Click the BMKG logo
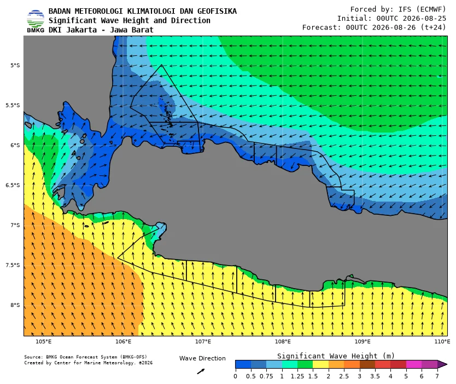point(36,21)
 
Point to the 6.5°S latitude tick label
point(13,185)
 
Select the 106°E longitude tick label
point(124,341)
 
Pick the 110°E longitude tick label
point(442,341)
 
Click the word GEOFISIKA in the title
point(217,11)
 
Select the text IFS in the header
point(405,9)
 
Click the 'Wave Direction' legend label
point(202,358)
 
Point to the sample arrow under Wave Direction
point(201,371)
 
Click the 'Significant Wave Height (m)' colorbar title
point(336,356)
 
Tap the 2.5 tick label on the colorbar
point(344,376)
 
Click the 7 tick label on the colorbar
point(437,376)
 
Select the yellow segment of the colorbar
point(320,364)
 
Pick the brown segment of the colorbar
point(367,364)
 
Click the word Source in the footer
point(31,357)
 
